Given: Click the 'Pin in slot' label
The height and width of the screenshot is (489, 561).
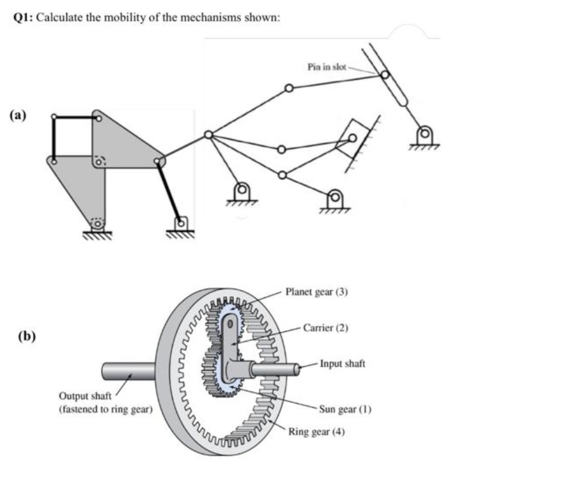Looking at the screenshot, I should (x=327, y=66).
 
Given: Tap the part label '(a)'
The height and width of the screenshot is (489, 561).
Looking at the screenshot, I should (x=19, y=115).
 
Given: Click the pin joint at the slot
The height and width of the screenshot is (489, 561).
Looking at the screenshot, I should (x=384, y=75).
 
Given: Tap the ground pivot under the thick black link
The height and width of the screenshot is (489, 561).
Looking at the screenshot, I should (x=182, y=222).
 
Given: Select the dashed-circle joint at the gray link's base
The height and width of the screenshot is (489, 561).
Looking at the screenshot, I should (x=97, y=224).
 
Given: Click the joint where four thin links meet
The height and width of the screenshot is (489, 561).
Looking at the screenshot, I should (x=207, y=134).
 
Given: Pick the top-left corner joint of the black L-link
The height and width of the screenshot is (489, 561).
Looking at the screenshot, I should (x=54, y=116).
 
